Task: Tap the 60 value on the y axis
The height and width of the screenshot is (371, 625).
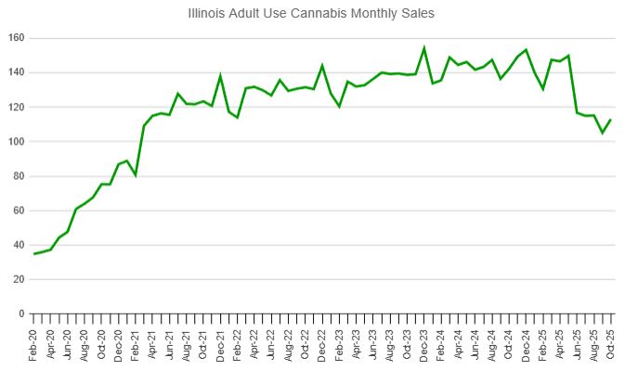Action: tap(19, 211)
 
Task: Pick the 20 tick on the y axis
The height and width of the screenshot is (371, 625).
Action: tap(19, 280)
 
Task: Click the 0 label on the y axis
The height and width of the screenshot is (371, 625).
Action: tap(21, 314)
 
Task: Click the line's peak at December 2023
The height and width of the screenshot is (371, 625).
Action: tap(424, 48)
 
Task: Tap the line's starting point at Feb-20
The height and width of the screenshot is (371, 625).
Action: tap(35, 253)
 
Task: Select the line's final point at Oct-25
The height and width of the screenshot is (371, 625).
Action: tap(610, 120)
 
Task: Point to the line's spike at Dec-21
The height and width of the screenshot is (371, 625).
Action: tap(221, 76)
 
